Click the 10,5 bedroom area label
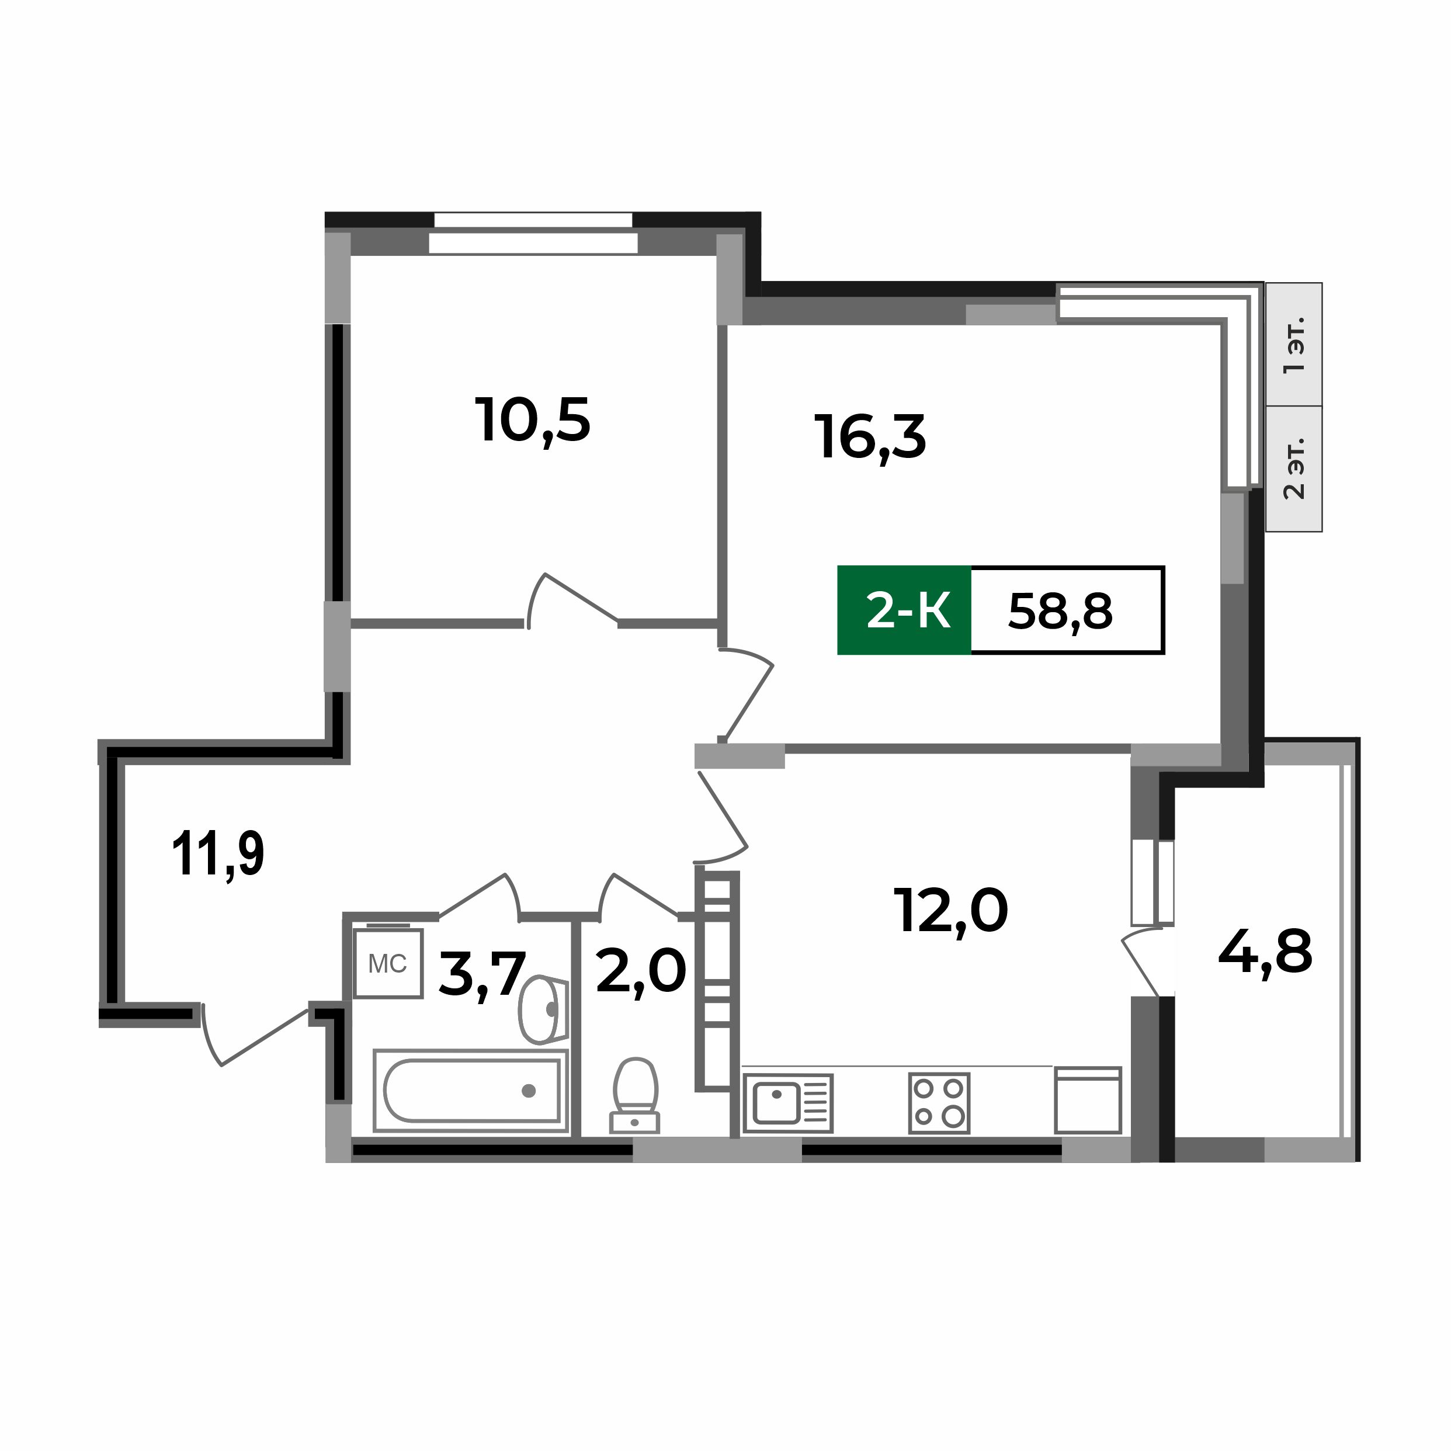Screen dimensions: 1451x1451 [x=533, y=421]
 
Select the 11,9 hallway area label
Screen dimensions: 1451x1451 [x=218, y=855]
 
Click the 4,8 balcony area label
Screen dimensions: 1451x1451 [x=1265, y=952]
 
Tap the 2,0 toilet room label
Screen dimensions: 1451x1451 [x=641, y=970]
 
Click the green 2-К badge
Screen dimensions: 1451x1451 [x=904, y=610]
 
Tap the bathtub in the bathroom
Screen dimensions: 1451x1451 [x=471, y=1091]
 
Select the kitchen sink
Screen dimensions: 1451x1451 [x=786, y=1102]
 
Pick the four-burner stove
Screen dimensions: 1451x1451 [x=939, y=1102]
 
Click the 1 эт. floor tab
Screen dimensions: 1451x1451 [x=1293, y=345]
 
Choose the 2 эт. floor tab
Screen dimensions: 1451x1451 [x=1293, y=468]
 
